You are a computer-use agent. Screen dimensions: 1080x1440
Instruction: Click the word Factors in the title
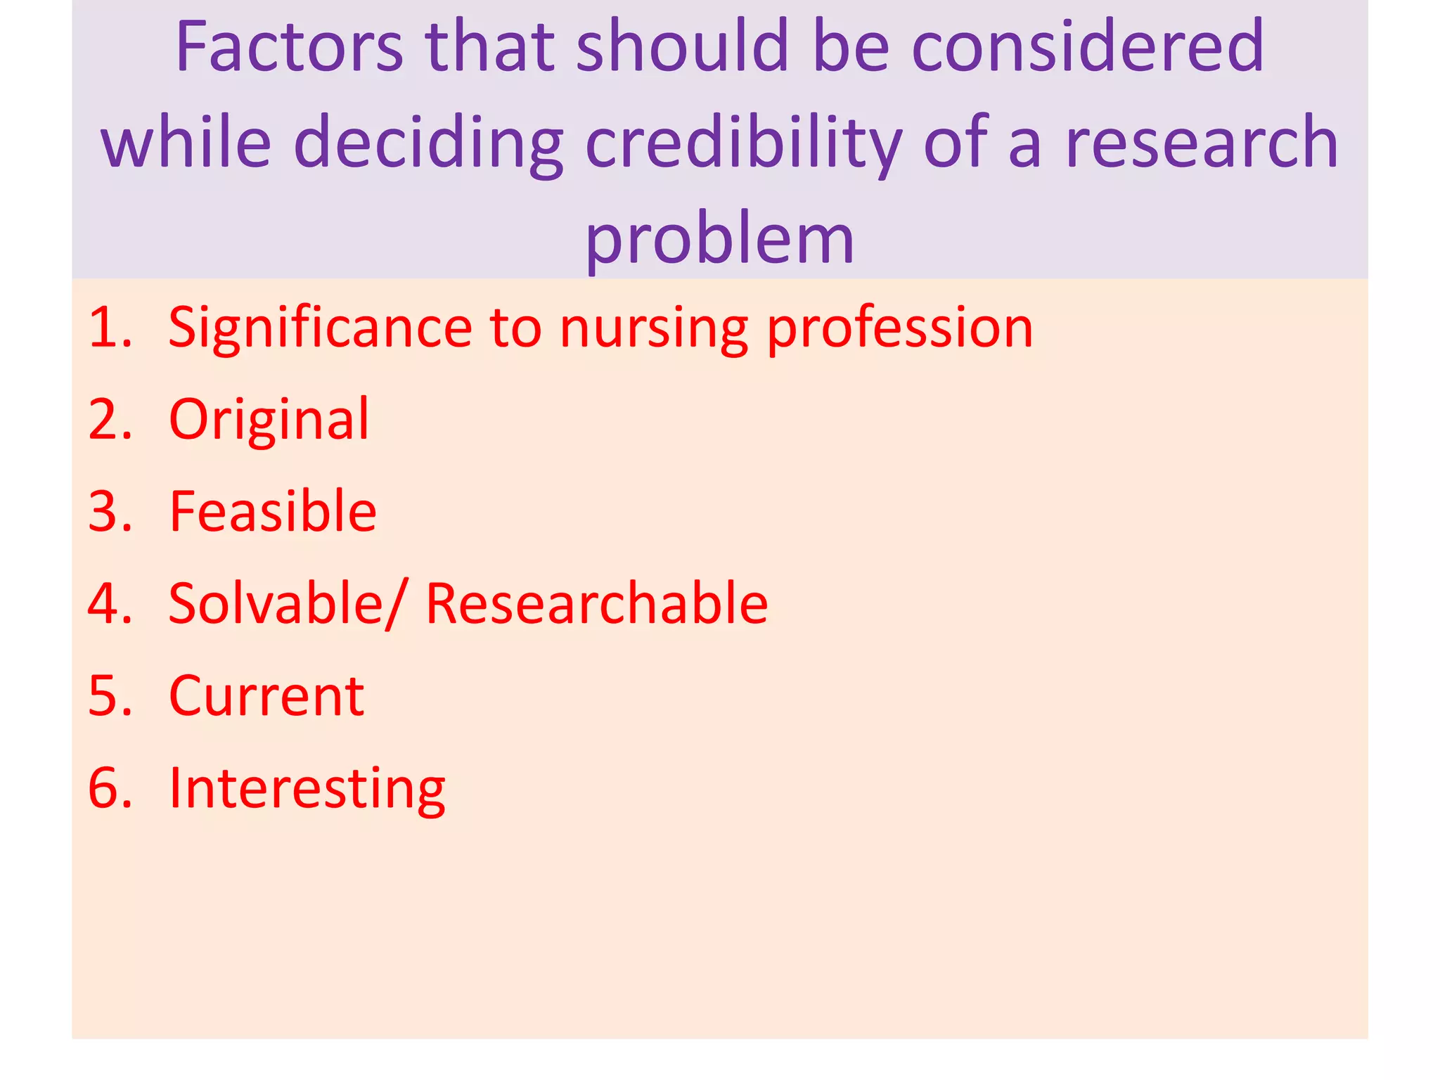point(289,46)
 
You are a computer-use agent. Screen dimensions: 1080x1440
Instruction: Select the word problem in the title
point(719,239)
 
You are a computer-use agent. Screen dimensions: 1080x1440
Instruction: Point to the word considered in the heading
point(1088,46)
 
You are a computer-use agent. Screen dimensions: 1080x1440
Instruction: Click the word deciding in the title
point(428,143)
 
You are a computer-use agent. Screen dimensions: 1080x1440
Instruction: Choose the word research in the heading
point(1202,143)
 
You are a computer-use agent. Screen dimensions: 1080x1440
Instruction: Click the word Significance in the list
point(320,328)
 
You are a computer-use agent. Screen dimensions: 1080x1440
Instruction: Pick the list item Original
point(269,420)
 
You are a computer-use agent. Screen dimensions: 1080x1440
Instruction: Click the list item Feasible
point(273,511)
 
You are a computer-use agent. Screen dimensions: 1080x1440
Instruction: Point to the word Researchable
point(597,603)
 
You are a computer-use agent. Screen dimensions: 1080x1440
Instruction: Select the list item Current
point(266,696)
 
